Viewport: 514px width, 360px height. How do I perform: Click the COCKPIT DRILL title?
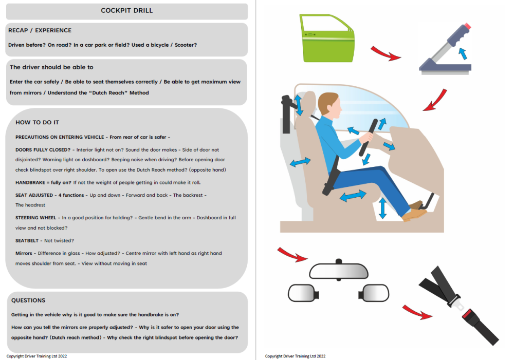coord(126,10)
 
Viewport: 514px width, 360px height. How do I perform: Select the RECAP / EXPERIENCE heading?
coord(40,30)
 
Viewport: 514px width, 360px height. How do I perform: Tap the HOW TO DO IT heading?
coord(37,122)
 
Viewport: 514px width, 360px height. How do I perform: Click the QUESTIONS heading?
coord(28,300)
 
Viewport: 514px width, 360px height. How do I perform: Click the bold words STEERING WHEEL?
coord(35,218)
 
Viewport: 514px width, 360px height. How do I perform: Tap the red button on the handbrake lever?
coord(467,26)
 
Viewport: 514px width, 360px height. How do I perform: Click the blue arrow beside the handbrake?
coord(463,52)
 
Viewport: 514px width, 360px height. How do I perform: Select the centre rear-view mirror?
coord(338,271)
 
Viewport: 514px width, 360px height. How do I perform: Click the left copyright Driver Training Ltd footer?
coord(36,356)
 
